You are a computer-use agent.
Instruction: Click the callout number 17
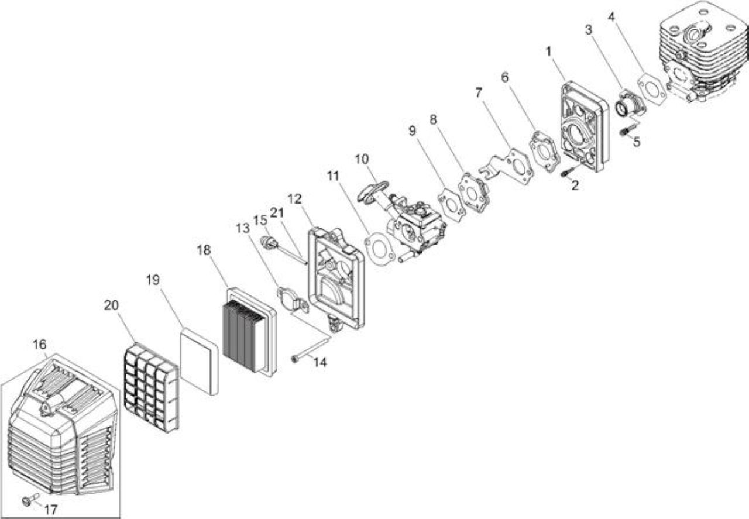click(x=51, y=510)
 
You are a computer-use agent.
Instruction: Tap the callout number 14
click(x=320, y=362)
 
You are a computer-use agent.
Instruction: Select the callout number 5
click(x=636, y=142)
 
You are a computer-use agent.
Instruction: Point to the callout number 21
click(x=277, y=212)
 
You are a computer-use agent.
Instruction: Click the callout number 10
click(x=362, y=159)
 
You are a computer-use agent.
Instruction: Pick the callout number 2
click(x=575, y=185)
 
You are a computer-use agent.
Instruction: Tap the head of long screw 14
click(x=294, y=359)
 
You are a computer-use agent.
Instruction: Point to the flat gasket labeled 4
click(x=652, y=90)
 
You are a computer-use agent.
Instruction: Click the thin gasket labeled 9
click(x=451, y=202)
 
